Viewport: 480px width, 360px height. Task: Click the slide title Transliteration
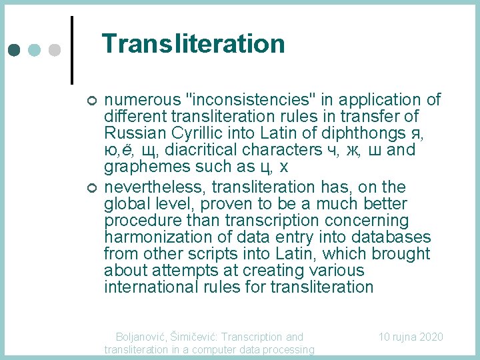coord(193,44)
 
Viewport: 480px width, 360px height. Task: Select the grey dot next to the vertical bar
coord(55,50)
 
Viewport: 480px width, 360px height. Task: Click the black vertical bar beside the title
coord(71,49)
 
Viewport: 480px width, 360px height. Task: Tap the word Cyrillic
coord(191,133)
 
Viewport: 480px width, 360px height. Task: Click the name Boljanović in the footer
coord(141,337)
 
